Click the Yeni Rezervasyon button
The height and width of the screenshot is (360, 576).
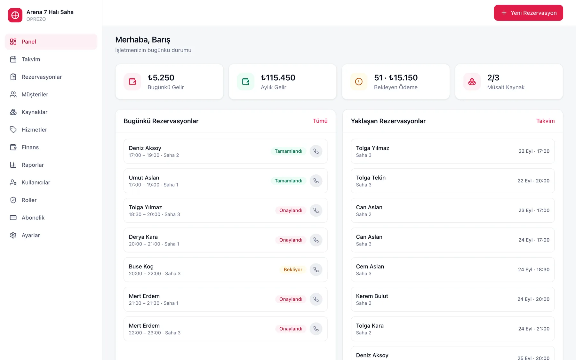pyautogui.click(x=528, y=13)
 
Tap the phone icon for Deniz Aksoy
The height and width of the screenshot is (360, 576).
pyautogui.click(x=316, y=151)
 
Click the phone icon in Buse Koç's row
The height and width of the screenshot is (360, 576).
pyautogui.click(x=316, y=269)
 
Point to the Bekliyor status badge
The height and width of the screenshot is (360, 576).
pyautogui.click(x=293, y=269)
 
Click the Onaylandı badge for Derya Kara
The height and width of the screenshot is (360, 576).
pyautogui.click(x=291, y=240)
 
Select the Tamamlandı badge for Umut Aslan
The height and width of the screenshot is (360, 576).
pyautogui.click(x=288, y=181)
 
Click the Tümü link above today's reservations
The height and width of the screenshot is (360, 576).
pyautogui.click(x=320, y=121)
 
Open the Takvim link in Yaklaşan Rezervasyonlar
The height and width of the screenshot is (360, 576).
pyautogui.click(x=545, y=121)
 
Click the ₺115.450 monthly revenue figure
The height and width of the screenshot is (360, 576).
pyautogui.click(x=278, y=78)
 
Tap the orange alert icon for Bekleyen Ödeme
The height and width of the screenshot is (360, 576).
pyautogui.click(x=359, y=82)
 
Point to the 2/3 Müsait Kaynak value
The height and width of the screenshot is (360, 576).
pyautogui.click(x=493, y=78)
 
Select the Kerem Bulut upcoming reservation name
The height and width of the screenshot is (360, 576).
pyautogui.click(x=372, y=296)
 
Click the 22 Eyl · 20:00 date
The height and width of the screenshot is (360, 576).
pyautogui.click(x=533, y=181)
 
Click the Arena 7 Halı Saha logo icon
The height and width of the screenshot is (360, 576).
pyautogui.click(x=15, y=15)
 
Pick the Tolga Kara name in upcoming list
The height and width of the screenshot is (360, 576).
pyautogui.click(x=370, y=326)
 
